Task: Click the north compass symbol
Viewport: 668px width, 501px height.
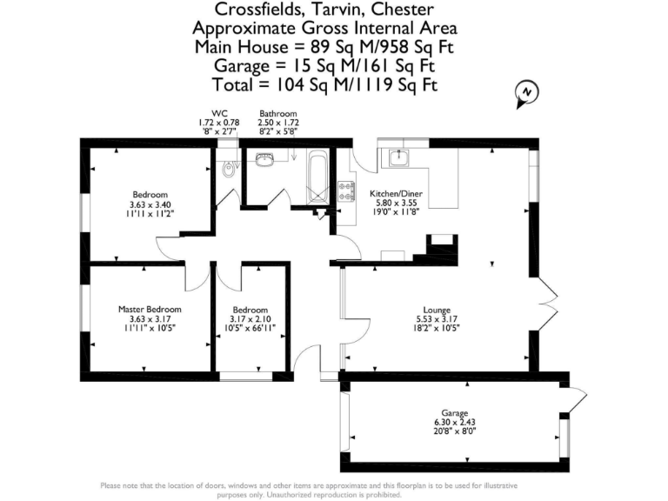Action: click(525, 95)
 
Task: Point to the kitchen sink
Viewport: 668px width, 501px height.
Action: click(400, 157)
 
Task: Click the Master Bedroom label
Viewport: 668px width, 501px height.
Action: click(150, 309)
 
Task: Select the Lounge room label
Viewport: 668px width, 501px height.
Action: click(437, 309)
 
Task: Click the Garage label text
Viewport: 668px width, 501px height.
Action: click(454, 412)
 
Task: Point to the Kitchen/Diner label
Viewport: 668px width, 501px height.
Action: click(396, 193)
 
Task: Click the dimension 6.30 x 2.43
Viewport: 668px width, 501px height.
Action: click(454, 422)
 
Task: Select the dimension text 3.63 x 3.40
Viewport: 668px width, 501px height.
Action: click(150, 204)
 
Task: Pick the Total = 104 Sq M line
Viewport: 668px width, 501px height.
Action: click(324, 84)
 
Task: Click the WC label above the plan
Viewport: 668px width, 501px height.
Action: click(206, 114)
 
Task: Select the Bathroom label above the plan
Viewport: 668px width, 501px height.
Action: click(277, 114)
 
